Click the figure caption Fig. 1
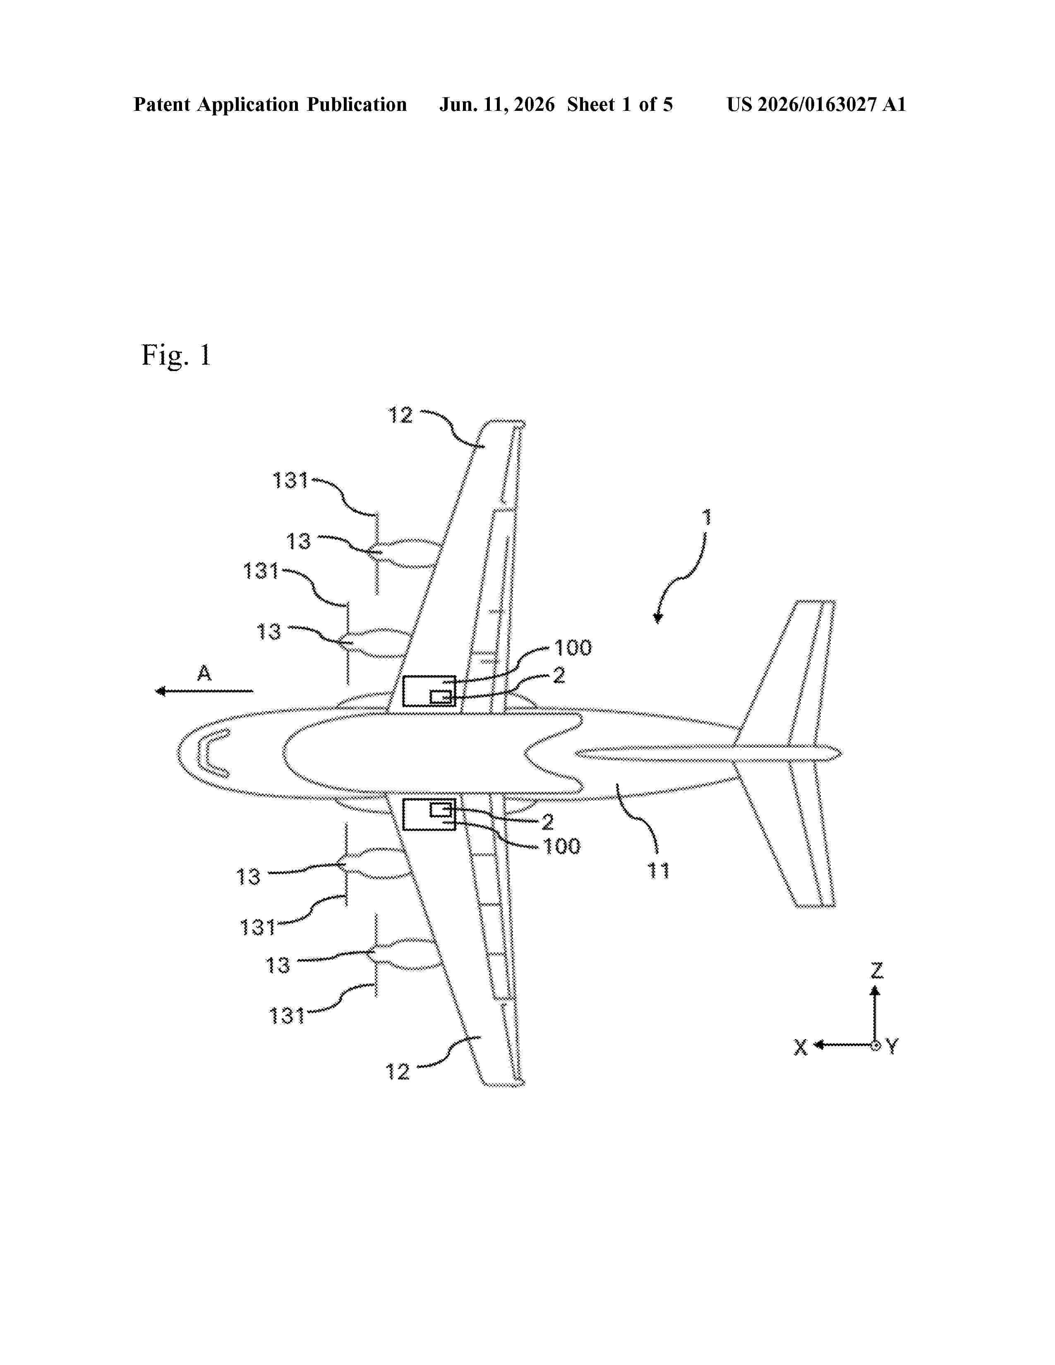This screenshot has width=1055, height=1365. point(176,356)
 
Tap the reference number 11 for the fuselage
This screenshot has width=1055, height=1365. point(659,871)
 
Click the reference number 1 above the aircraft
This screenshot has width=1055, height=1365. point(707,517)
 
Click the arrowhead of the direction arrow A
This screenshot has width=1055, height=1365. point(160,691)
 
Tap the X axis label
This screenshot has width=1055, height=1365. point(801,1047)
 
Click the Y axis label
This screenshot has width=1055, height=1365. point(892,1046)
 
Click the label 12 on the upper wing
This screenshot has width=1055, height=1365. point(400,416)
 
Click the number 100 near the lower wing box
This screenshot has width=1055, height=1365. point(562,846)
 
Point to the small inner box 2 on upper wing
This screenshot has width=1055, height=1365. point(441,696)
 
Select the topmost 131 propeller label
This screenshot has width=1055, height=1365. point(290,481)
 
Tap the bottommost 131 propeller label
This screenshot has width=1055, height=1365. point(287,1017)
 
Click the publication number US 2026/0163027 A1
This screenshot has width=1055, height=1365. point(816,104)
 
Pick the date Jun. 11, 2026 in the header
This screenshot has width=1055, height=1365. point(497,104)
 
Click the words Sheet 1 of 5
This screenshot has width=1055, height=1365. point(620,104)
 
